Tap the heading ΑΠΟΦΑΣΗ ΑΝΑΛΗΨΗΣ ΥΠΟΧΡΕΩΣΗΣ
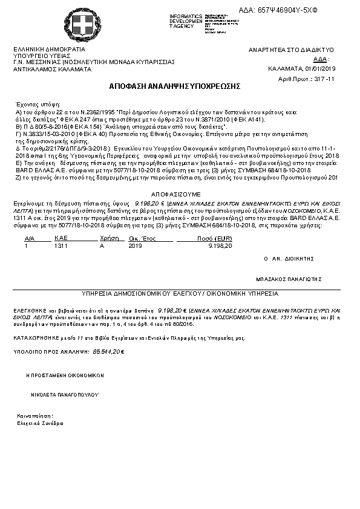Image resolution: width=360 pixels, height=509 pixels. pyautogui.click(x=175, y=86)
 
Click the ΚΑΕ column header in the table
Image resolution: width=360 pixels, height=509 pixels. pyautogui.click(x=60, y=239)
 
